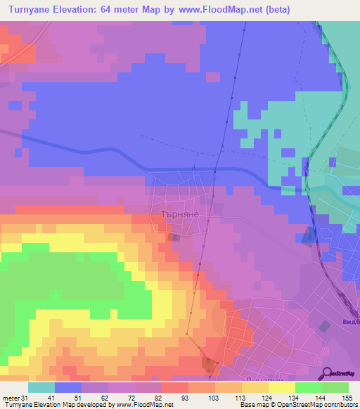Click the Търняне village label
(181, 216)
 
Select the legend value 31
(25, 398)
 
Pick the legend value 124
(259, 398)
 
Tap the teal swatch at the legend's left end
(41, 387)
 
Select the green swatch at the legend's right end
(335, 387)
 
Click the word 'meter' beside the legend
(10, 398)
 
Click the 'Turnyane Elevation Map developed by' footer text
(56, 405)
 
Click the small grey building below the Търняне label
(173, 238)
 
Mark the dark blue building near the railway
(308, 237)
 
